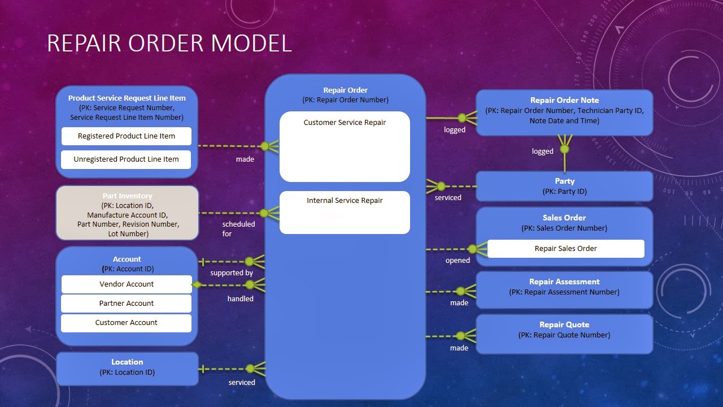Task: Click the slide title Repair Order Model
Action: pyautogui.click(x=169, y=44)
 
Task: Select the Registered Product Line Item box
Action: pyautogui.click(x=127, y=136)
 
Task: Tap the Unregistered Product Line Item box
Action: pyautogui.click(x=126, y=159)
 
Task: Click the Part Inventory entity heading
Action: pyautogui.click(x=127, y=196)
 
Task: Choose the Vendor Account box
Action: pyautogui.click(x=127, y=284)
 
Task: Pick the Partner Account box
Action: pyautogui.click(x=127, y=304)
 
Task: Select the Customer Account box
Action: pyautogui.click(x=127, y=323)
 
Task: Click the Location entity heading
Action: pyautogui.click(x=127, y=362)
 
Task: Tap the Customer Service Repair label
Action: pyautogui.click(x=345, y=123)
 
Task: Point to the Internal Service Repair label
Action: pyautogui.click(x=345, y=201)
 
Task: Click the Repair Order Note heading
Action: pyautogui.click(x=564, y=100)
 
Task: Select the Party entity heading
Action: pyautogui.click(x=564, y=181)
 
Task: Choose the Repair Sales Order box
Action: pyautogui.click(x=565, y=249)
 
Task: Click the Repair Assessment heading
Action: pyautogui.click(x=564, y=282)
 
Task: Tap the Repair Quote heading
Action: pyautogui.click(x=564, y=324)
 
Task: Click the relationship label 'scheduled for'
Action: pyautogui.click(x=238, y=229)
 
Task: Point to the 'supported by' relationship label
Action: pyautogui.click(x=232, y=273)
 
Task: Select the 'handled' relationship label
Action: pyautogui.click(x=240, y=298)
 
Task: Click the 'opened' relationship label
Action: pyautogui.click(x=458, y=261)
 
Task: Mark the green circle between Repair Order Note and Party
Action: pyautogui.click(x=564, y=150)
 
